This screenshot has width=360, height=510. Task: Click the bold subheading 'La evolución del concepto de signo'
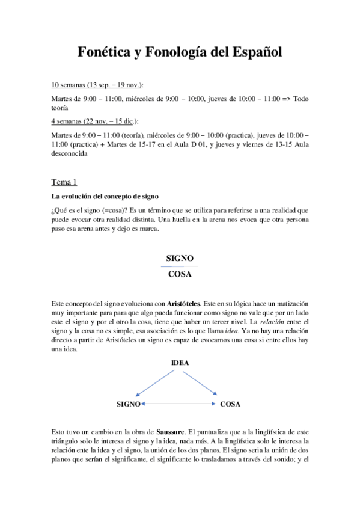click(x=105, y=196)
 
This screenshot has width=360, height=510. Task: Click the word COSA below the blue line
click(x=180, y=274)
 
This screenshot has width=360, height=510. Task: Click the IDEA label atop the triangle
click(x=180, y=363)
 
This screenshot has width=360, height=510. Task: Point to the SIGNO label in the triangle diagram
click(x=128, y=404)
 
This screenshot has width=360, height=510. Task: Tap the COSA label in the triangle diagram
click(x=230, y=404)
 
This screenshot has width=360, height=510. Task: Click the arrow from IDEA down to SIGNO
click(x=156, y=386)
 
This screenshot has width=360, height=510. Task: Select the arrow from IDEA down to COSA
click(x=202, y=386)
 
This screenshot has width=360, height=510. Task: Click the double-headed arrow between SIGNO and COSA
click(x=178, y=404)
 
